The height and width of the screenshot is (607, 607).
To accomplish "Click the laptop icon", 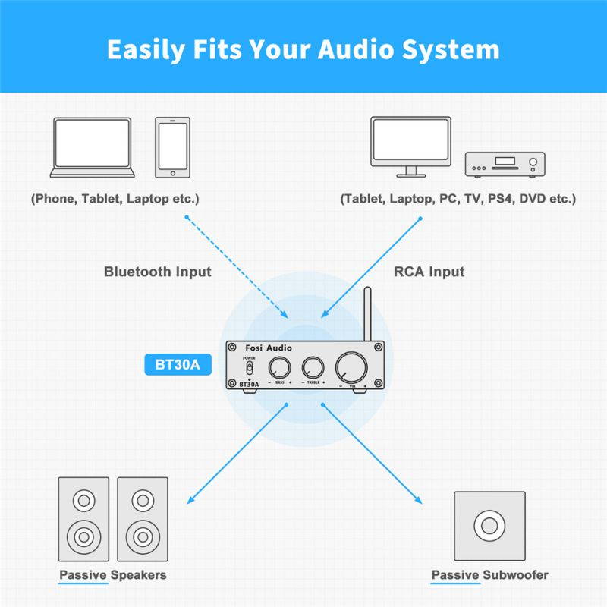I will click(x=92, y=148).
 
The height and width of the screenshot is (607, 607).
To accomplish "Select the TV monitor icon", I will click(x=410, y=144).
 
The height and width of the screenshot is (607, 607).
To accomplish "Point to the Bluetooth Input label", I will click(x=158, y=272).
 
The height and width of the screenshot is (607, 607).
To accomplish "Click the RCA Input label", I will click(x=429, y=272).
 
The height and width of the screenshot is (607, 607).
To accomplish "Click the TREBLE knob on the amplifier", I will click(x=313, y=367).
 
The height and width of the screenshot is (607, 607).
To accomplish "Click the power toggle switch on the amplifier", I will click(x=247, y=368).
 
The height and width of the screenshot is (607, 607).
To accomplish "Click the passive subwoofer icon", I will click(x=489, y=525).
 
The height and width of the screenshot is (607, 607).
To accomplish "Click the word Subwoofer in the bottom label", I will click(x=515, y=575).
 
